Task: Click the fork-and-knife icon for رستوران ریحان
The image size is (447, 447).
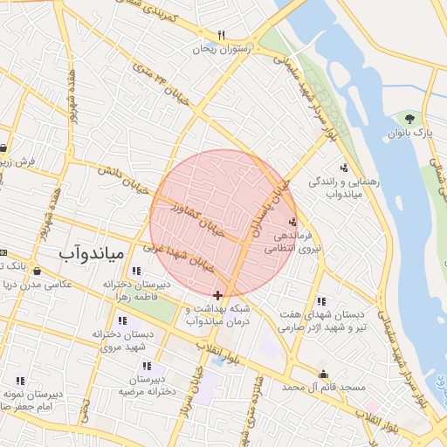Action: coord(222,36)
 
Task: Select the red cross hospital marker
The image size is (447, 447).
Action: coord(217,296)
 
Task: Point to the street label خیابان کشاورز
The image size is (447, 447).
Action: coord(201,221)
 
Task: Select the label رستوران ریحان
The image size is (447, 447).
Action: coord(225,50)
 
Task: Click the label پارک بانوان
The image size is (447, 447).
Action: coord(410,133)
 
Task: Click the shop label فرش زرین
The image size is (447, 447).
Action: coord(17,162)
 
